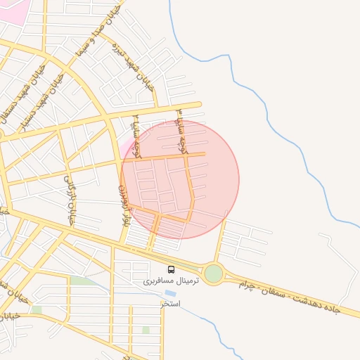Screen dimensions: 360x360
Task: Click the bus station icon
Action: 171,269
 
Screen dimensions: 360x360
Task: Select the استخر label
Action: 170,304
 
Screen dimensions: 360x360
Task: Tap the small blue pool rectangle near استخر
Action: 170,293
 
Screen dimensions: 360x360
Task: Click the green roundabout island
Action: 214,273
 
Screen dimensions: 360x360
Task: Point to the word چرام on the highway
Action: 247,285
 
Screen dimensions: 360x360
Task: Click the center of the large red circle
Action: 180,179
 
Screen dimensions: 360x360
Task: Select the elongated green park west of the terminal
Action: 82,281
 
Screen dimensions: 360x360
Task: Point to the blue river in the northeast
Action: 232,77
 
